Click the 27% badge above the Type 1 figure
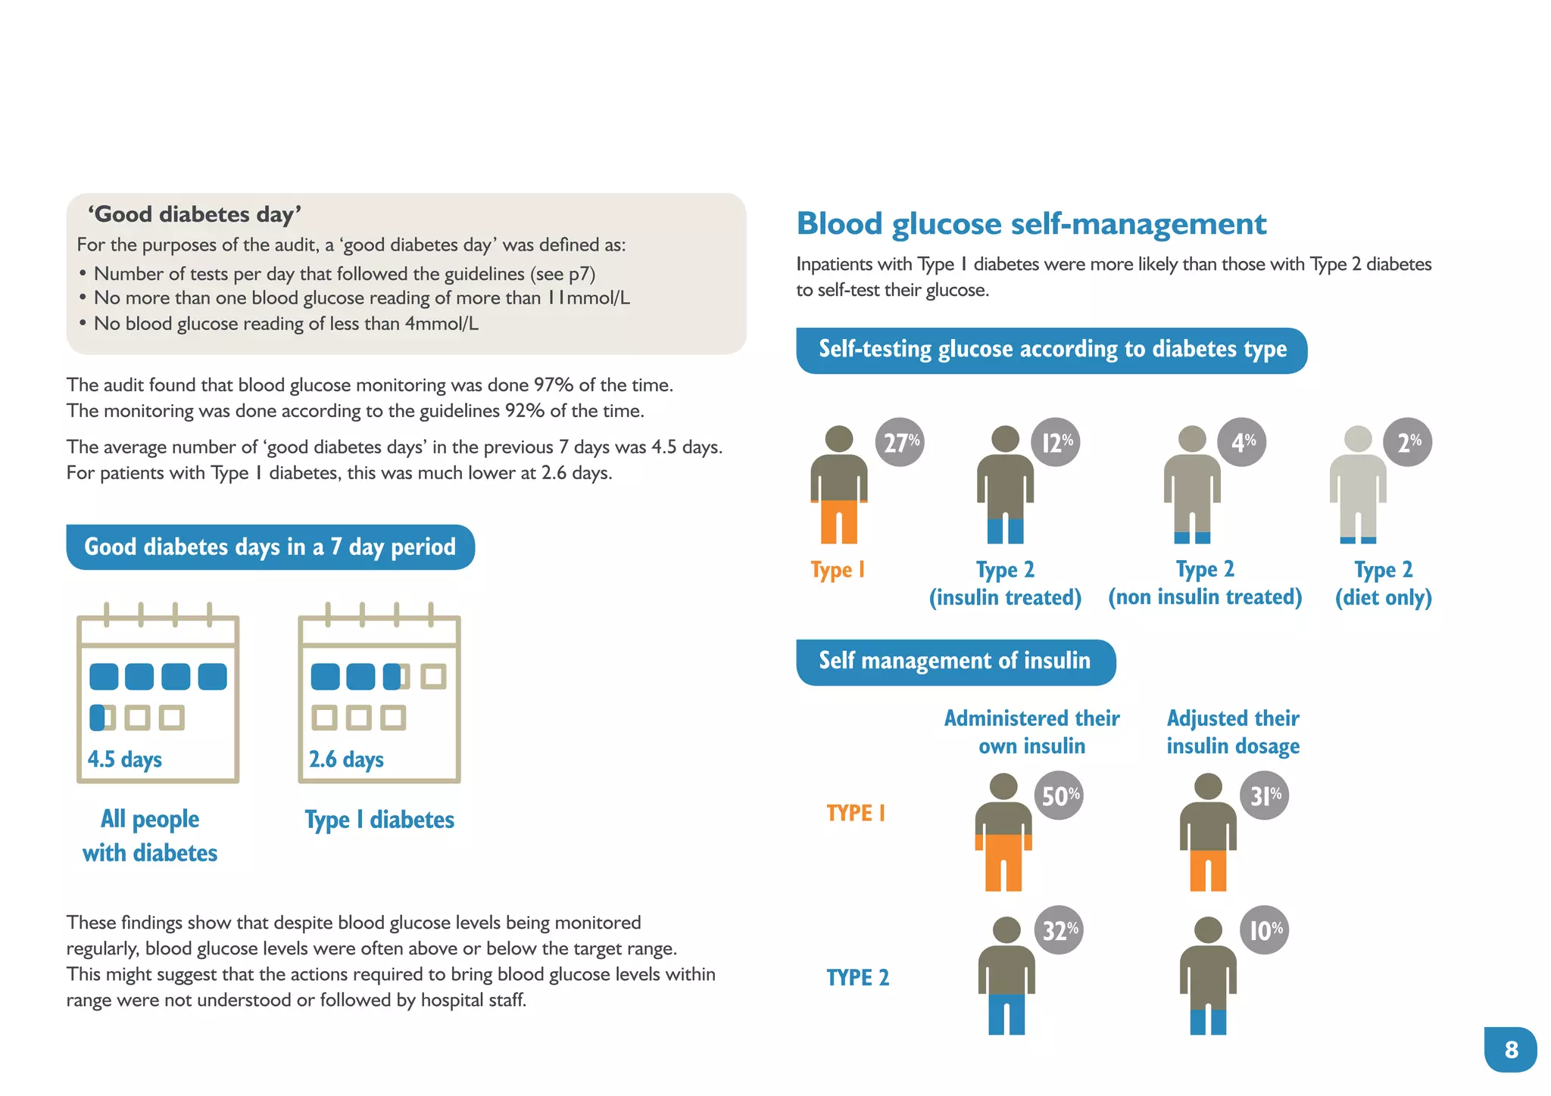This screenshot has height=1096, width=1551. coord(900,442)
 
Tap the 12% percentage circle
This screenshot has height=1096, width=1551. coord(1056,442)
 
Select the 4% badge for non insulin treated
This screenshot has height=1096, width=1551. coord(1242,442)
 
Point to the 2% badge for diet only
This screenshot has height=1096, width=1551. coord(1408,442)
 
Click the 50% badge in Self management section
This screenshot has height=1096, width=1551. coord(1059,796)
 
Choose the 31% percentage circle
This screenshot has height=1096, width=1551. coord(1264,796)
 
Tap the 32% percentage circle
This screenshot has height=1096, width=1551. coord(1059,929)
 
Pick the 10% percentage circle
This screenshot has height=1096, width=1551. coord(1264,929)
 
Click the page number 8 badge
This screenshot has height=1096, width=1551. coord(1510,1049)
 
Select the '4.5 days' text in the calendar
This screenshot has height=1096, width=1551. coord(125,759)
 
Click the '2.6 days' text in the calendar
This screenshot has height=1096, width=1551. coord(346,759)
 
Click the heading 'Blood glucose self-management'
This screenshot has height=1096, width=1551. coord(1031,224)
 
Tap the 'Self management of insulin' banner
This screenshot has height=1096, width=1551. coord(955,662)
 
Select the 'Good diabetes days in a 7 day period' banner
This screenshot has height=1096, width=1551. coord(270,547)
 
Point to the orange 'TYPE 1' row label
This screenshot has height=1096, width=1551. coord(856,813)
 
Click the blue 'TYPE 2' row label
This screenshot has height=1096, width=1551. coord(857,977)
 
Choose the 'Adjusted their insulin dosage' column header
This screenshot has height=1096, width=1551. coord(1233,732)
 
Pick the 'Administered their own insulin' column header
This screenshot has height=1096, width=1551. coord(1031,732)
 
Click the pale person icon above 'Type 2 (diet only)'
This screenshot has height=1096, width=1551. coord(1358,484)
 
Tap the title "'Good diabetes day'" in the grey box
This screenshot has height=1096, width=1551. coord(195,215)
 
